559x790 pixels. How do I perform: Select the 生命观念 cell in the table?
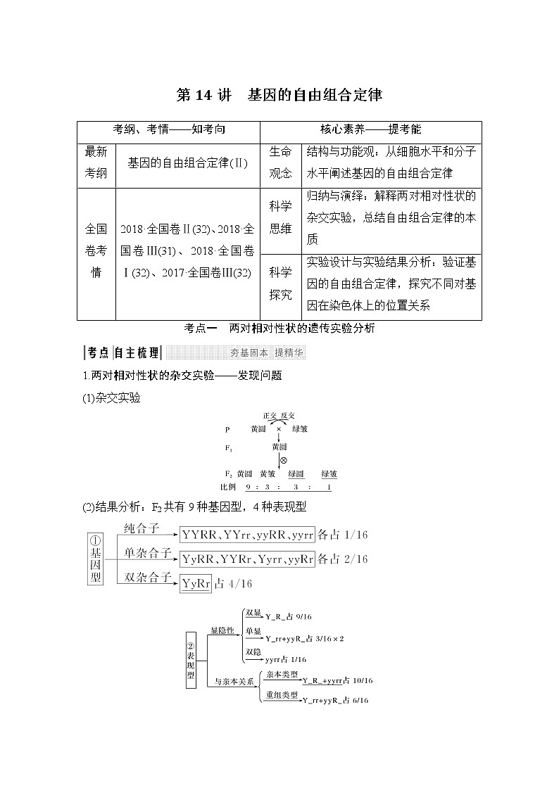[280, 163]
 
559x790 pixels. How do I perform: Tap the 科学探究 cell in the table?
[280, 284]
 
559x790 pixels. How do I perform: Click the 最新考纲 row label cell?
[96, 163]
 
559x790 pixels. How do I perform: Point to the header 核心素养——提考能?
[370, 130]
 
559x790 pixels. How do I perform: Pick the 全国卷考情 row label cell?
[96, 250]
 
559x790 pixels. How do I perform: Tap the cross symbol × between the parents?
[279, 428]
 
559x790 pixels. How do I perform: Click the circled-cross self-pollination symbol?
[283, 459]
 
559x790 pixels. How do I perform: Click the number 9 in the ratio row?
[248, 487]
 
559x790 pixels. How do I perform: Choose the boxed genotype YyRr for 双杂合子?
[196, 584]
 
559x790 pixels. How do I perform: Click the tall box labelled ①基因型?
[96, 559]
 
